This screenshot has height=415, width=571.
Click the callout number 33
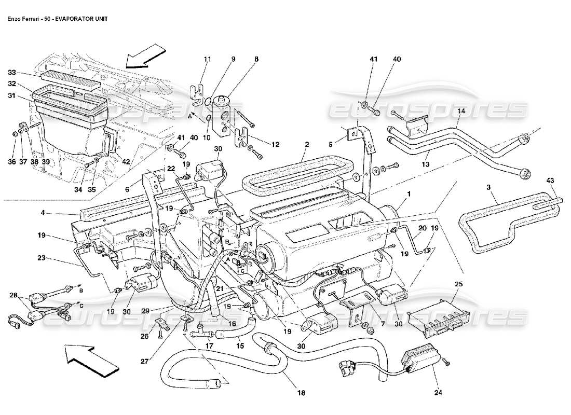click(11, 73)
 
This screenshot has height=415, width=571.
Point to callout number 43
click(550, 180)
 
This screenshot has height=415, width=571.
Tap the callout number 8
click(255, 60)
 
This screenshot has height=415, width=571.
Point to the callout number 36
click(11, 162)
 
